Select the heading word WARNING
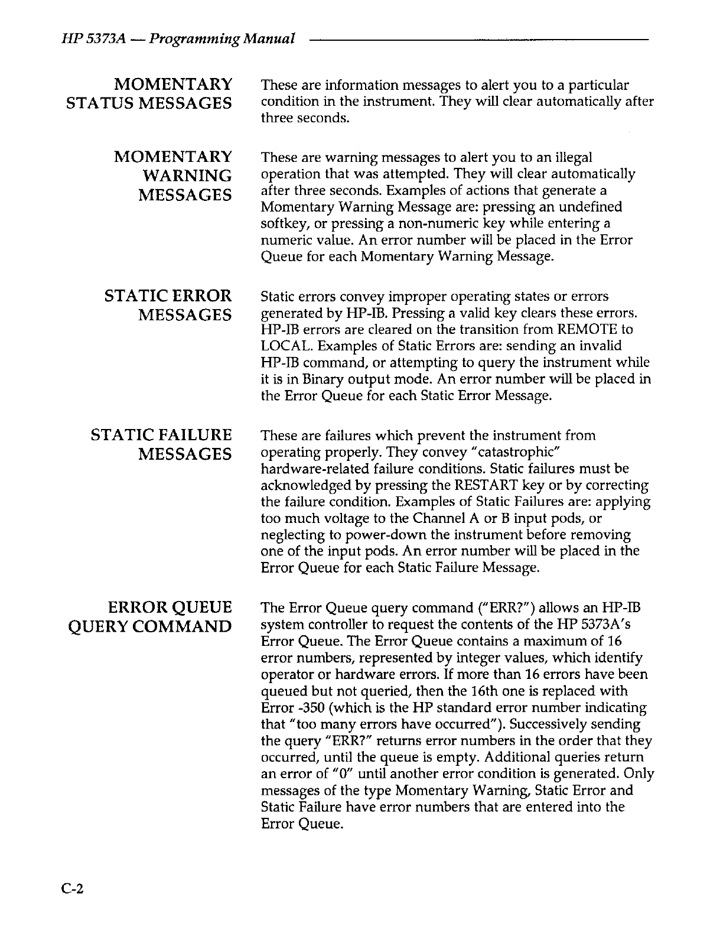(187, 175)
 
